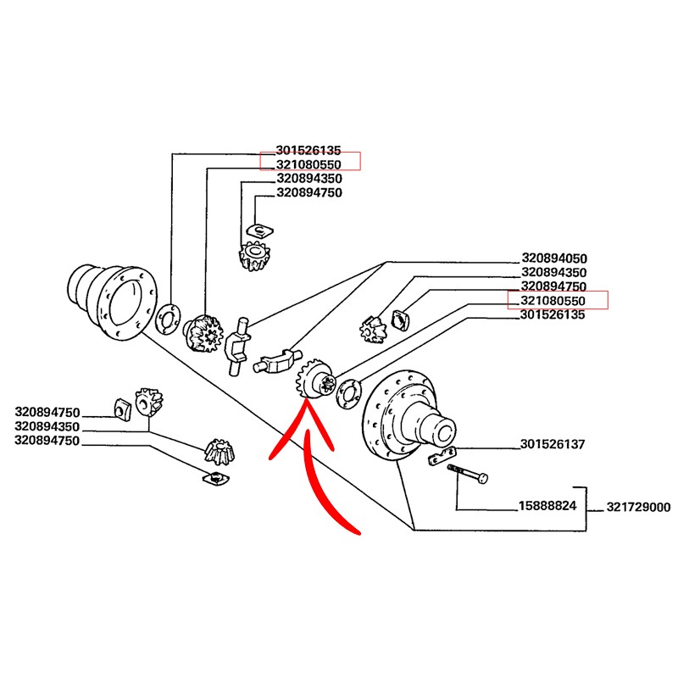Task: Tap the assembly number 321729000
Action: pos(638,508)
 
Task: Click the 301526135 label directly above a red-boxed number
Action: pos(309,149)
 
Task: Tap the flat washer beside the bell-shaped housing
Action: pos(167,318)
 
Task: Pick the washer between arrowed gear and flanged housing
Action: pos(346,393)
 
